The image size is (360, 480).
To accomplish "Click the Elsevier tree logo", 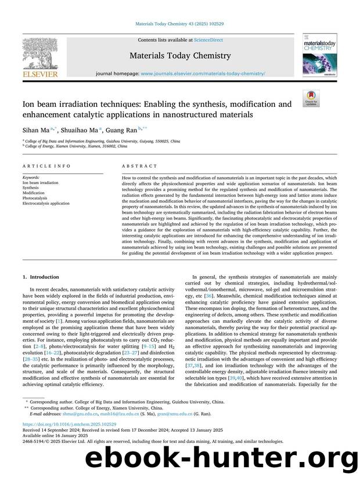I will (x=40, y=55).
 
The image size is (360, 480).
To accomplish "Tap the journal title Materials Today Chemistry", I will (x=179, y=56).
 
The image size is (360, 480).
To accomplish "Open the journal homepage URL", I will (x=203, y=74).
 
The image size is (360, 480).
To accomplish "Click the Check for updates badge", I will (x=318, y=99).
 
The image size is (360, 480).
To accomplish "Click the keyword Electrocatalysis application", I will (x=46, y=204).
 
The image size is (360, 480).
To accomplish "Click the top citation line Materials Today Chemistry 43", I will (x=179, y=23).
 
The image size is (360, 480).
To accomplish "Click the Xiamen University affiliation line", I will (x=75, y=147).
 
